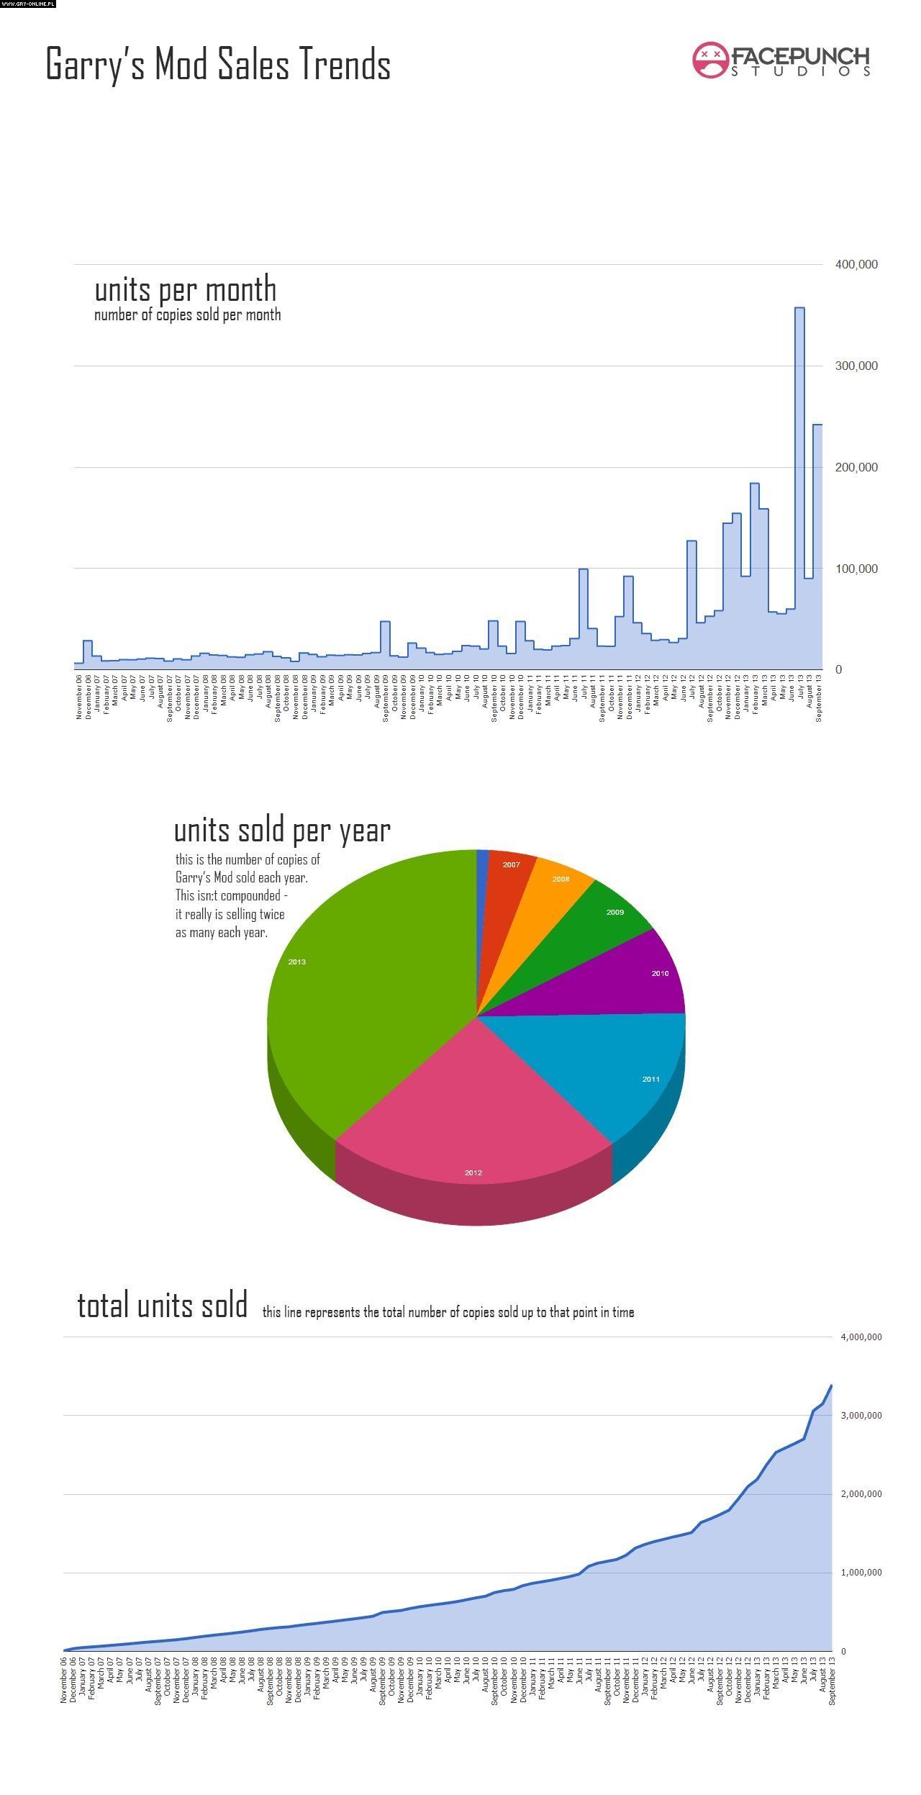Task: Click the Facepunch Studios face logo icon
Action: point(710,60)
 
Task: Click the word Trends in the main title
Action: point(345,64)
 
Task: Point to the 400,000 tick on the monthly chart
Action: point(856,265)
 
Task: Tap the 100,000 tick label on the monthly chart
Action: point(856,569)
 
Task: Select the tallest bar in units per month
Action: point(799,489)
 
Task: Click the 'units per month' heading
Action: point(186,289)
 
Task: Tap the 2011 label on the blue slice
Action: point(650,1079)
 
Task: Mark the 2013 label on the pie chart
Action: point(296,962)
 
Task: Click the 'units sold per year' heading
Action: point(282,831)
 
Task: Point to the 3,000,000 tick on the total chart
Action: point(861,1415)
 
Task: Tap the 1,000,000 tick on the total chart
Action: point(861,1573)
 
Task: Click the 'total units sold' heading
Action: point(163,1306)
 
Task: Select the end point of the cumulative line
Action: point(832,1385)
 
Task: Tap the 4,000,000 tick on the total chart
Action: point(861,1337)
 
